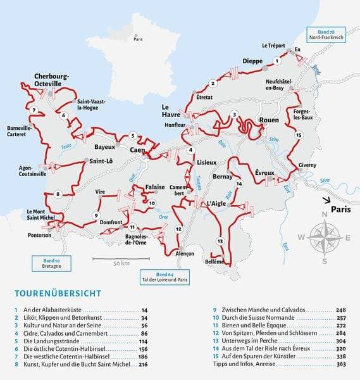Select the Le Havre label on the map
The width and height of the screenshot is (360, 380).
[x=171, y=111]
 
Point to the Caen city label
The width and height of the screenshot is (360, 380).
[x=138, y=150]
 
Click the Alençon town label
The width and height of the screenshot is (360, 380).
[x=185, y=253]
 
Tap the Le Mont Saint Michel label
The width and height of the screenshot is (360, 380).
[x=40, y=215]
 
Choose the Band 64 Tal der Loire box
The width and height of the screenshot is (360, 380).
[x=164, y=276]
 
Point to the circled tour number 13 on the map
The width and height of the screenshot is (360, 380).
[x=220, y=241]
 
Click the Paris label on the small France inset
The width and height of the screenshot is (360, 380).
[x=138, y=39]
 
